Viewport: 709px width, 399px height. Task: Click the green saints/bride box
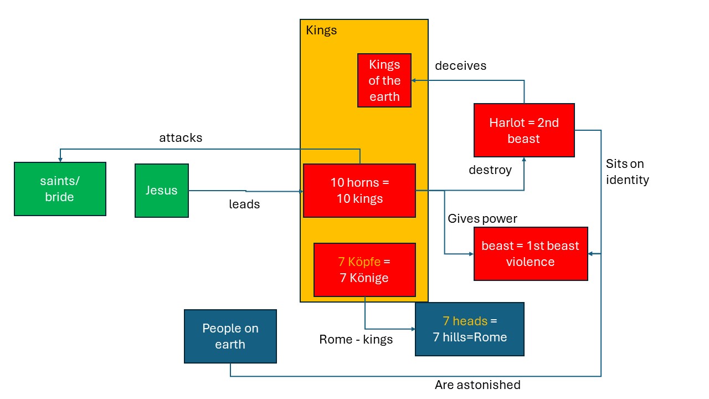60,189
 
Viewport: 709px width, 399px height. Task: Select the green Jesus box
162,191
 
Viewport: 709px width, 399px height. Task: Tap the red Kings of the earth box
384,80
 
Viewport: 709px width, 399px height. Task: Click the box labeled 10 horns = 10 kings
359,191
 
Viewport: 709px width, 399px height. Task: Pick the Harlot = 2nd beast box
524,130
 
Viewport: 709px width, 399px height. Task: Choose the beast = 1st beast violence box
531,254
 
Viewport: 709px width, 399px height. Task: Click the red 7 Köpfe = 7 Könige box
364,270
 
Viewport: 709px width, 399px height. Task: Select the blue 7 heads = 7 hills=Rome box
470,329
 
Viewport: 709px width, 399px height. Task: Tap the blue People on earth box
230,336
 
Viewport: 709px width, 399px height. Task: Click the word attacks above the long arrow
181,138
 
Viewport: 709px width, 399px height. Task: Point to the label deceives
460,66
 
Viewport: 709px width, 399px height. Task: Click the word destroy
490,170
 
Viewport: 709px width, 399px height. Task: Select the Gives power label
482,218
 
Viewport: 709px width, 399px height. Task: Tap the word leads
244,204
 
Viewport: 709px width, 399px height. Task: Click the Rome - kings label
356,340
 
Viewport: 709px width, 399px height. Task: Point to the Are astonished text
477,385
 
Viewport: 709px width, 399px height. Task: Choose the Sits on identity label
628,172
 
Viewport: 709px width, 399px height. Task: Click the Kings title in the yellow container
321,30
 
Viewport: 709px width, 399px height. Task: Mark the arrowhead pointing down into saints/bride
60,160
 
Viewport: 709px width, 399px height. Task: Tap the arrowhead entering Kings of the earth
414,80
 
